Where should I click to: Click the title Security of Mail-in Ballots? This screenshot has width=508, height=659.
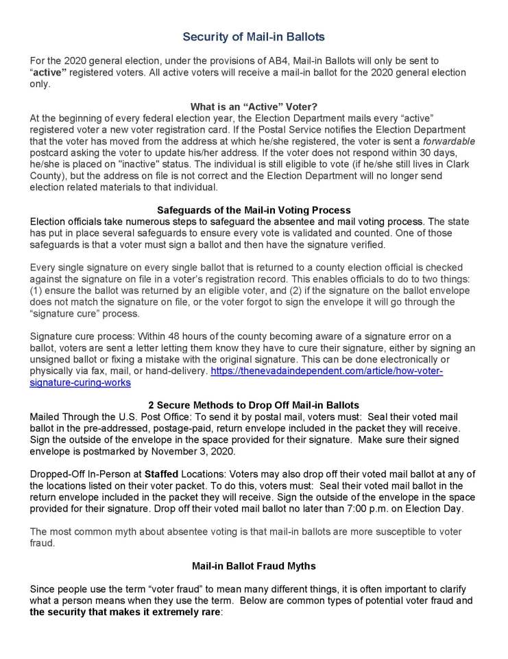[x=254, y=36]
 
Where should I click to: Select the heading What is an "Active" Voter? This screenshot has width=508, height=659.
[x=254, y=106]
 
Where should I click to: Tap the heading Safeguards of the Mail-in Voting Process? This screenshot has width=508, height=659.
[x=254, y=210]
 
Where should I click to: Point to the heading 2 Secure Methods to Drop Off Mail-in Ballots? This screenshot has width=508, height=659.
[x=254, y=404]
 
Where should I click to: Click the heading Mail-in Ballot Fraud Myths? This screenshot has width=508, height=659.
[x=254, y=566]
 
